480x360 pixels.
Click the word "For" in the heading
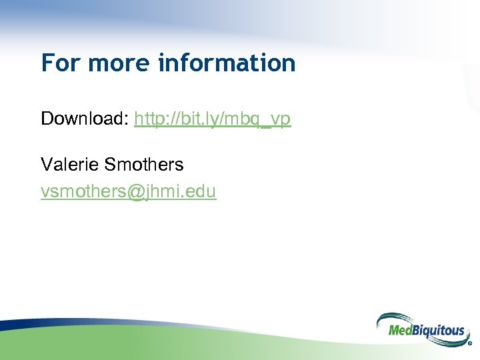click(61, 63)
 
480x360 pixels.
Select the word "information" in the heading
click(227, 63)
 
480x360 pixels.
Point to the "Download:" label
click(85, 119)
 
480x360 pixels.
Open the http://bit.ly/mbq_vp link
click(212, 119)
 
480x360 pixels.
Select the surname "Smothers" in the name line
click(143, 164)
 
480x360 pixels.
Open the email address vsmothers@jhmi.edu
click(128, 192)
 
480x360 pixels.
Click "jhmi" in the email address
click(163, 192)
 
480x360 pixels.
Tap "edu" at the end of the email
click(202, 192)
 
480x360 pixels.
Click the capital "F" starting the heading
click(47, 63)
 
